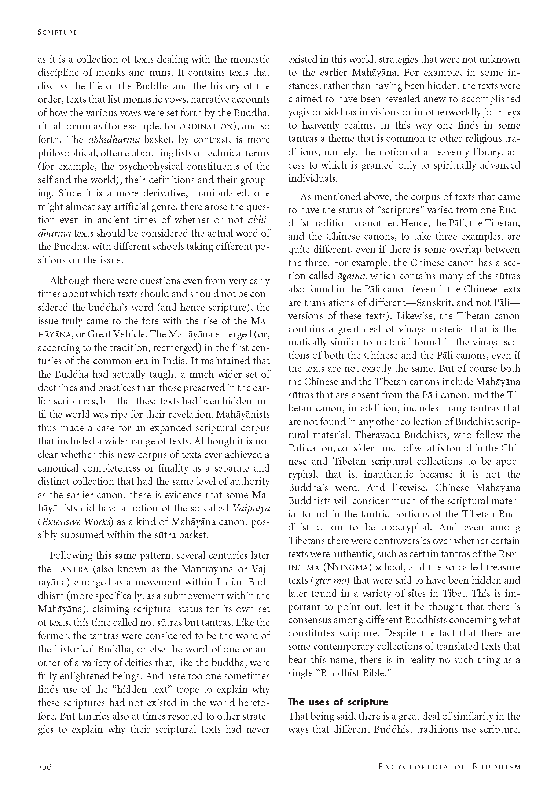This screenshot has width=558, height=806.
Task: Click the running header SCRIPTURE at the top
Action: [x=57, y=32]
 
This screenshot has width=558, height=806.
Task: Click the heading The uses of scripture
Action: [x=338, y=702]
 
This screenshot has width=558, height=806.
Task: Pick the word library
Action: [x=486, y=152]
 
